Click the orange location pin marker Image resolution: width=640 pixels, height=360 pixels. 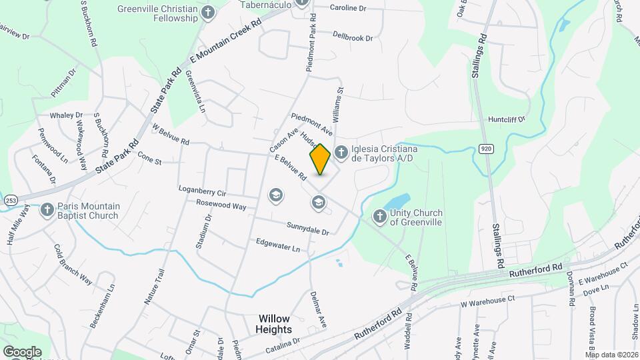click(x=320, y=159)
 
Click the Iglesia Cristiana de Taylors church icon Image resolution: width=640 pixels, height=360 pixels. click(x=341, y=153)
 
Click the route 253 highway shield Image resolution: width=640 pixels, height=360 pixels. click(x=10, y=199)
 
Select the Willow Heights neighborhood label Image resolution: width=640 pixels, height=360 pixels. click(x=274, y=324)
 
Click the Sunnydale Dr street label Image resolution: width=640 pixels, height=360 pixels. click(x=308, y=229)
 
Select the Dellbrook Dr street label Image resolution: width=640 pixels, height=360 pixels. click(x=353, y=37)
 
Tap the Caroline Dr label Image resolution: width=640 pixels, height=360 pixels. click(x=348, y=8)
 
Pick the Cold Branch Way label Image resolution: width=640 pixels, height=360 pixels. click(x=72, y=263)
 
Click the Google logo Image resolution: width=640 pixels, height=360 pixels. click(x=21, y=351)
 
